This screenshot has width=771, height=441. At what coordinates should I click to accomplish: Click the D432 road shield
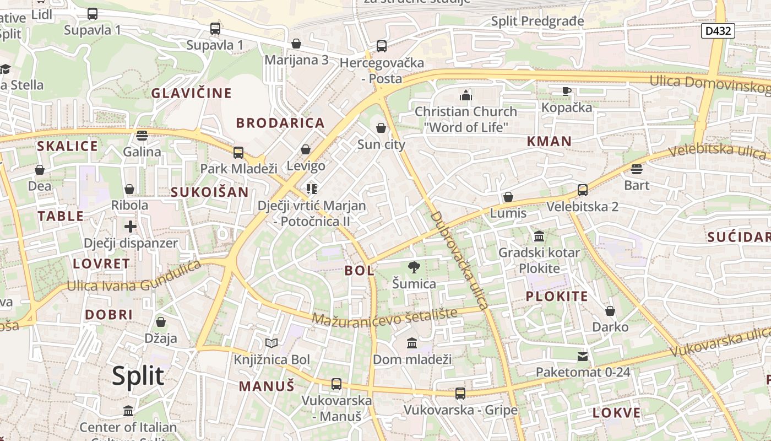pos(719,31)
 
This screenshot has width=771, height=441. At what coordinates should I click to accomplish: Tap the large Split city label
pos(138,376)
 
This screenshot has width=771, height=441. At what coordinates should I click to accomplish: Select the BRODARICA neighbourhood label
pos(280,123)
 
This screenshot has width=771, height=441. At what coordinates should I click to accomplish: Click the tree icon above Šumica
pos(414,268)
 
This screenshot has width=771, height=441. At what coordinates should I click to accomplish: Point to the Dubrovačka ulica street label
pos(459,260)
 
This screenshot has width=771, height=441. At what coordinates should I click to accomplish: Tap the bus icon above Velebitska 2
pos(583,191)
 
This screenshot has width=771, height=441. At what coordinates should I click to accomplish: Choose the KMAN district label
pos(549,142)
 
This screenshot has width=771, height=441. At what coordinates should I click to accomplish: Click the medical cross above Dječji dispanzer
pos(131,227)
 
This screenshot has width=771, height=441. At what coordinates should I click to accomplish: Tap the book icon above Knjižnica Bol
pos(272,343)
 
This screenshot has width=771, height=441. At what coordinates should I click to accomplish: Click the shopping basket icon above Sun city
pos(381,128)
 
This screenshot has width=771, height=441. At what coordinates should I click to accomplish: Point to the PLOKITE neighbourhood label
pos(557,297)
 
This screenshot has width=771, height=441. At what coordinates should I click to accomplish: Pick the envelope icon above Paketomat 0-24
pos(583,357)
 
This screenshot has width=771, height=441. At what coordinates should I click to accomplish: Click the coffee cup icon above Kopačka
pos(566,91)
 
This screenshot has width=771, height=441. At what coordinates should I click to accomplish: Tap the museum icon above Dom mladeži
pos(412,343)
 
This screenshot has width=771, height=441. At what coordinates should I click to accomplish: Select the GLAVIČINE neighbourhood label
pos(192,93)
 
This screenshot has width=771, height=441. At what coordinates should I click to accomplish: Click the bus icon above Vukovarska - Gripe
pos(460,394)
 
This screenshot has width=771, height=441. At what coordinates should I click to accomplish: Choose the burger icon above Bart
pos(637,169)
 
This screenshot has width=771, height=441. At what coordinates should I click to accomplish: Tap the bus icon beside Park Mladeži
pos(238,153)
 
